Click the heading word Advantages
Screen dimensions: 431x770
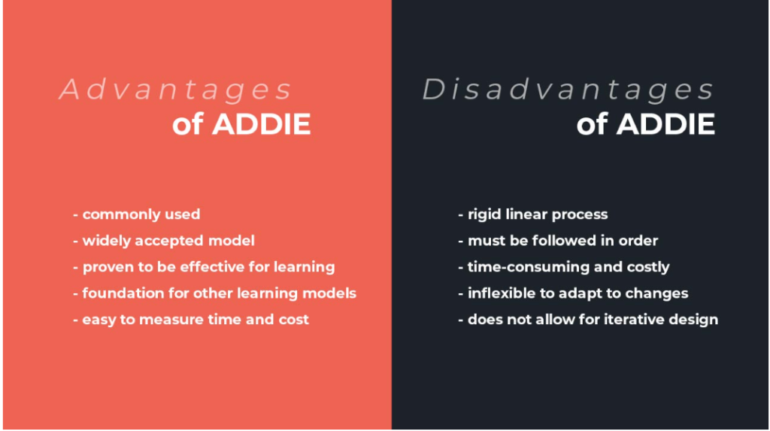175,90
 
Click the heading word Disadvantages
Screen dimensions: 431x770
568,90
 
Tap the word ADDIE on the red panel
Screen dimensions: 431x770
262,124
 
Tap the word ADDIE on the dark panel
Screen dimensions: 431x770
666,124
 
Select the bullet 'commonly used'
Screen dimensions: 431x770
137,214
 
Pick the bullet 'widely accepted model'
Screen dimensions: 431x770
164,241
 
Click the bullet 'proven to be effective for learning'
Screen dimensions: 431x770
204,267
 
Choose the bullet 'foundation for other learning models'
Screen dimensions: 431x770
214,293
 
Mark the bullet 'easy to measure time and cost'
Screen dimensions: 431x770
191,320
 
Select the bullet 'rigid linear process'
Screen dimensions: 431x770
532,214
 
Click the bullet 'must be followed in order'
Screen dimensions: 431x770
558,241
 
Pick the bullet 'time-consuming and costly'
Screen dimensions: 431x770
563,267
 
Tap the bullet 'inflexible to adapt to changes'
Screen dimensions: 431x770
573,293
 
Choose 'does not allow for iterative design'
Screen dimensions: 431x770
588,320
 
